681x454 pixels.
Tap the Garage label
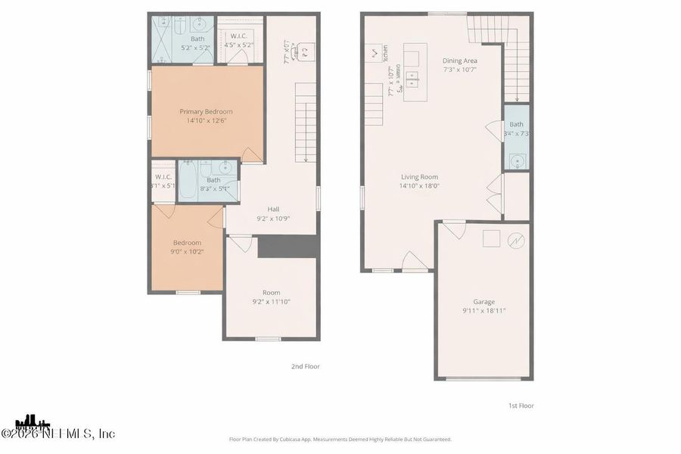484,302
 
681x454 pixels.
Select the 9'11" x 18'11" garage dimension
484,311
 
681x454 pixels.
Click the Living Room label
419,176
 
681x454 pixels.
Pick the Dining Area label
460,61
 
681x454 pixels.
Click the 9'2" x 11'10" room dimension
271,302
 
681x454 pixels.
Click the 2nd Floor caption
306,366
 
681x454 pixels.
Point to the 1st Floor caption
521,406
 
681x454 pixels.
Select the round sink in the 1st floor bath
516,160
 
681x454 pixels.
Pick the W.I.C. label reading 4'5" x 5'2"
238,40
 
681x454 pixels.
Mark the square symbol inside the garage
490,238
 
